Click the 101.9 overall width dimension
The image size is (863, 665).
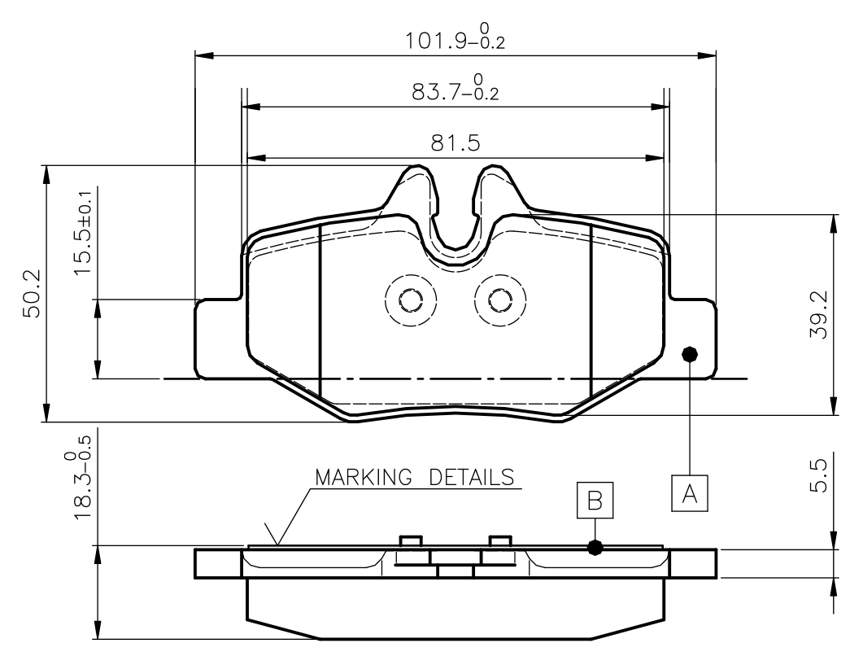455,39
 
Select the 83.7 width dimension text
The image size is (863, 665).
455,90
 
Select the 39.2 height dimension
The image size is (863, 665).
819,315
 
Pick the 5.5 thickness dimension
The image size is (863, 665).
819,475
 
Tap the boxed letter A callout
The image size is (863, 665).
690,492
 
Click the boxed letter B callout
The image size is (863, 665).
595,500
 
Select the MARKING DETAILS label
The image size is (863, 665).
415,476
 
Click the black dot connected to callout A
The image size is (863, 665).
690,353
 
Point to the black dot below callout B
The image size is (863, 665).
595,548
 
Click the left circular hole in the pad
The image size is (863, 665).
411,300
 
